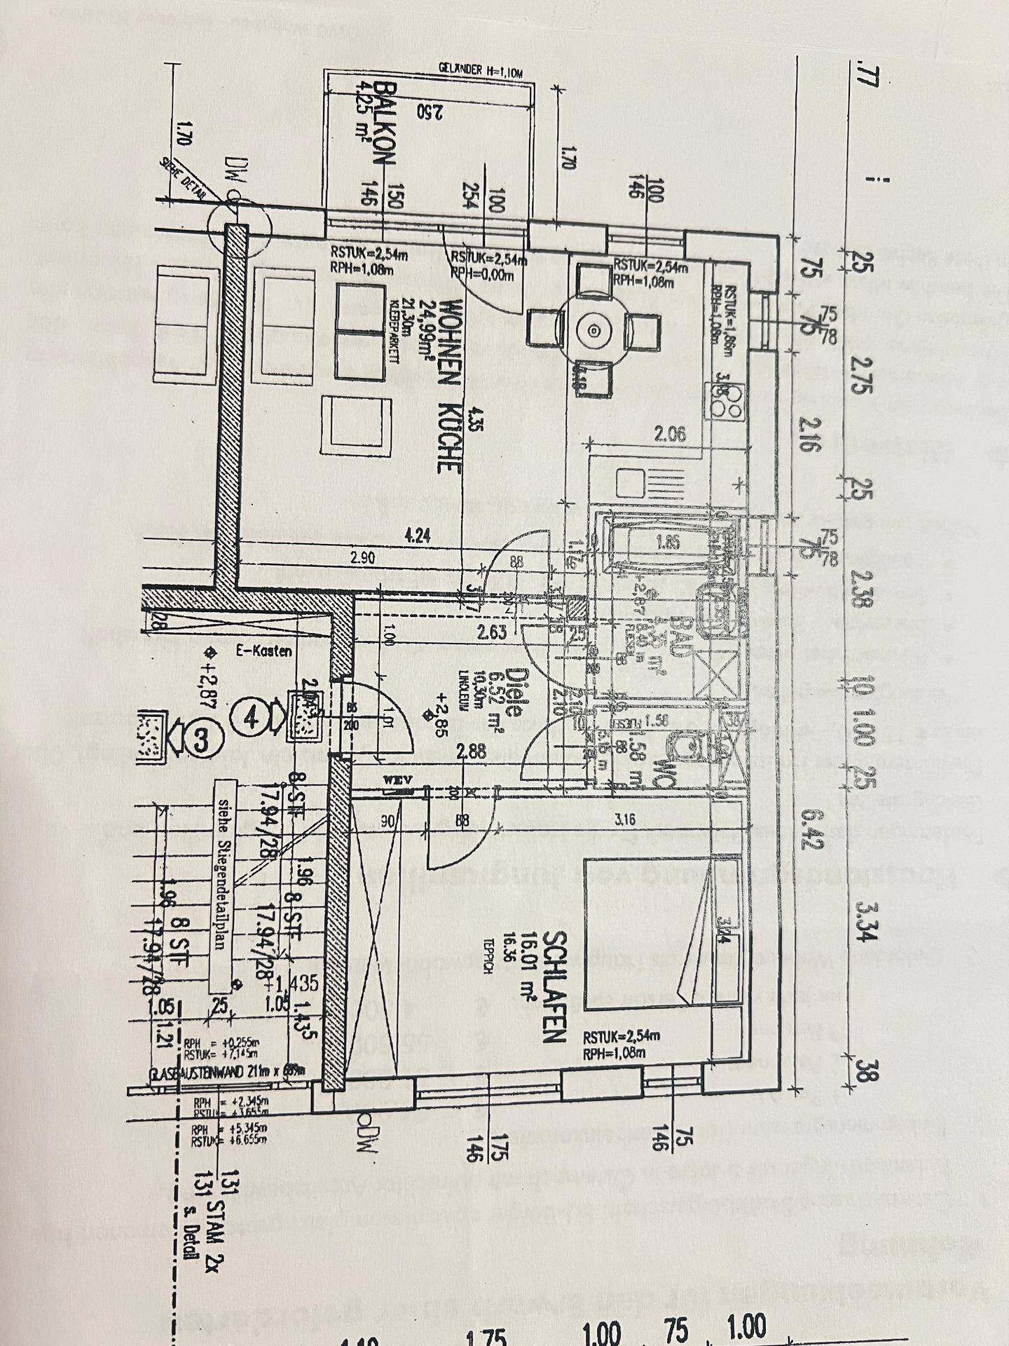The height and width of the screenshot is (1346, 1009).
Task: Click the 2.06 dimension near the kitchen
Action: tap(669, 434)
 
